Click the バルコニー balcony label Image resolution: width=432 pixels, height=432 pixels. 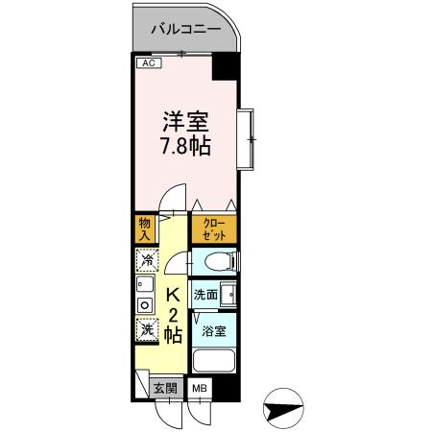[186, 30]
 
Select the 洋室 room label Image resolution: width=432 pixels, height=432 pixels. [185, 124]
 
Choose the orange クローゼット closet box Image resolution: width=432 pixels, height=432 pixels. [214, 229]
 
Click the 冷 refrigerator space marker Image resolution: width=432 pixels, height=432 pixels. [147, 260]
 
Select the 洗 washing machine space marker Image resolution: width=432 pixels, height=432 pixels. [147, 328]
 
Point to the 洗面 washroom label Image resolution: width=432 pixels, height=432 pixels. [204, 295]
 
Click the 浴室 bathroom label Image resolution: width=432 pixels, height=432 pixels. [213, 332]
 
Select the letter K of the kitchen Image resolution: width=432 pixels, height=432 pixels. [175, 296]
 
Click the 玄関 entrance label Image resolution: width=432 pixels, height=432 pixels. [165, 388]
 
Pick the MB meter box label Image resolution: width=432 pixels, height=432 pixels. [200, 388]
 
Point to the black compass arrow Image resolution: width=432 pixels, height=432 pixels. [279, 409]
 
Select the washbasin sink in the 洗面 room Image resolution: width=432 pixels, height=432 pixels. [228, 295]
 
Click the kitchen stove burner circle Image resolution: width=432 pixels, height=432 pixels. [146, 305]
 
